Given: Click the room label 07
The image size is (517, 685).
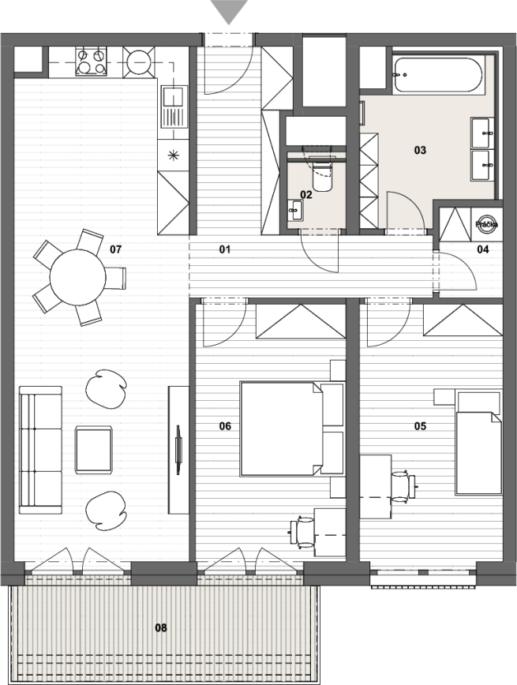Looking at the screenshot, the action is click(115, 249).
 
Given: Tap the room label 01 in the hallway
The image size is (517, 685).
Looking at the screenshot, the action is click(225, 249).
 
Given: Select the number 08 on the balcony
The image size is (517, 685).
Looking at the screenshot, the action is click(161, 627).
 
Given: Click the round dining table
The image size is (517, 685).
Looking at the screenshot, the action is click(78, 277).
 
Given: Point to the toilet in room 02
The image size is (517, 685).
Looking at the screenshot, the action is click(322, 174).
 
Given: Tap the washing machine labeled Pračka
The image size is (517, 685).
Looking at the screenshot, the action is click(487, 224).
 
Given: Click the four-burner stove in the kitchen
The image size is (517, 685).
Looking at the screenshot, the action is click(92, 62).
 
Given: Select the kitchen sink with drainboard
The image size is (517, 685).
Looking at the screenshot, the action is click(174, 107).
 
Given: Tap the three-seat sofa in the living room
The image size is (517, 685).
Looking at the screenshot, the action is click(40, 450).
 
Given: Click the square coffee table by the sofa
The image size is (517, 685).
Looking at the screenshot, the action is click(93, 450).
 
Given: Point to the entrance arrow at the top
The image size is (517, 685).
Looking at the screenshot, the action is click(229, 12).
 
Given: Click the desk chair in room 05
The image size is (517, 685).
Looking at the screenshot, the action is click(403, 487).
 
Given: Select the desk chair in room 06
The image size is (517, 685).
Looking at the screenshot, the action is click(302, 532).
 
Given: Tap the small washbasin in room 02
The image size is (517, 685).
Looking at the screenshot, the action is click(296, 210).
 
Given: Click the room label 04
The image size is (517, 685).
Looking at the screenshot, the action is click(482, 249).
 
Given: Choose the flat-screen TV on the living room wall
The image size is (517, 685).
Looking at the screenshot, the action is click(178, 450).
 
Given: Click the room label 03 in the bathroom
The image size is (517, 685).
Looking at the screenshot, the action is click(420, 150).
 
